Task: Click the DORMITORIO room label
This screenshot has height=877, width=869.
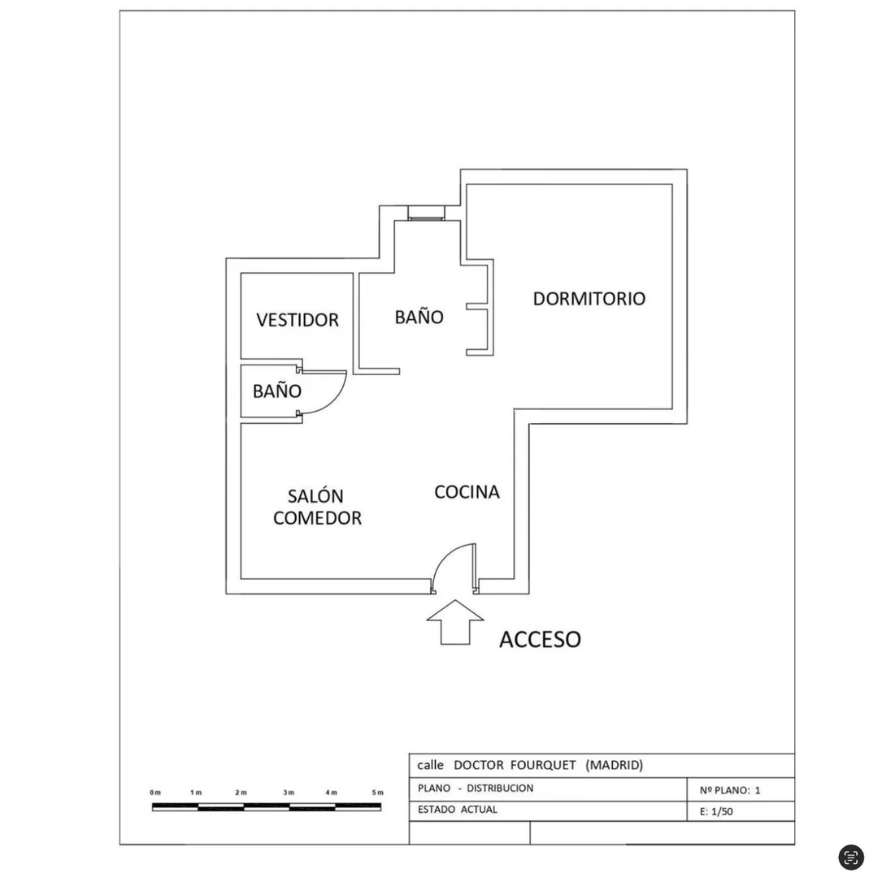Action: pyautogui.click(x=589, y=299)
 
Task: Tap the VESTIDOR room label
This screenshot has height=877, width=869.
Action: pyautogui.click(x=298, y=320)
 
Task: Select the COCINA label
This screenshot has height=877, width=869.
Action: pyautogui.click(x=467, y=492)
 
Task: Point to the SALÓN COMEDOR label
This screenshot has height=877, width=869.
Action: pyautogui.click(x=317, y=508)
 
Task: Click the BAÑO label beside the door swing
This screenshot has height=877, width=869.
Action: pyautogui.click(x=277, y=391)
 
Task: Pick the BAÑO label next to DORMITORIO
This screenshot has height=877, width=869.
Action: pyautogui.click(x=419, y=317)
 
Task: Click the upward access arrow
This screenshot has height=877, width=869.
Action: pyautogui.click(x=454, y=623)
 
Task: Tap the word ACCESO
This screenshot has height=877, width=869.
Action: pyautogui.click(x=540, y=640)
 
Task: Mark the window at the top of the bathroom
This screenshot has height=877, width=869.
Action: pyautogui.click(x=426, y=213)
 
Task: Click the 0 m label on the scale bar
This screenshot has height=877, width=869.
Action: pyautogui.click(x=155, y=793)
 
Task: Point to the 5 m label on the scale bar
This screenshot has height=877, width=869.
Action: pyautogui.click(x=377, y=793)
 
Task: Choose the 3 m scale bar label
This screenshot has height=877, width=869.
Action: pyautogui.click(x=289, y=793)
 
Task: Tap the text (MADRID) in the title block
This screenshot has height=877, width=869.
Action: pyautogui.click(x=615, y=765)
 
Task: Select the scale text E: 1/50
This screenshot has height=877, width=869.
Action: pyautogui.click(x=716, y=811)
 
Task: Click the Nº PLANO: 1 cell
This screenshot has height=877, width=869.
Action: pyautogui.click(x=730, y=790)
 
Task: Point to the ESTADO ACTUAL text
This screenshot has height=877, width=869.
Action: pyautogui.click(x=458, y=810)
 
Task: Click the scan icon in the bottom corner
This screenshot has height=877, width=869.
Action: pyautogui.click(x=851, y=857)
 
